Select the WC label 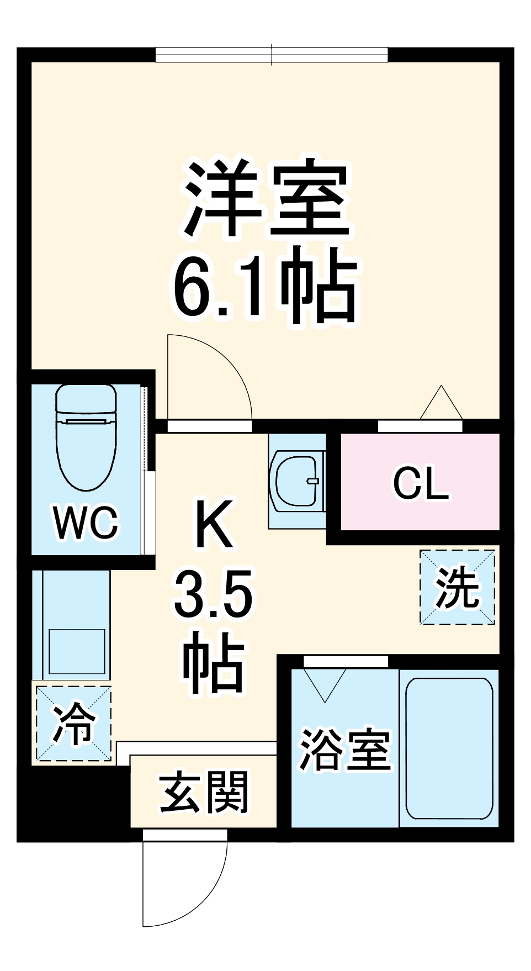86,522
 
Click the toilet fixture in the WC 87,436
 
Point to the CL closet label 421,483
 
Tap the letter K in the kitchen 213,524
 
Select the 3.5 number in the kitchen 213,594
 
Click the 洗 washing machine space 457,587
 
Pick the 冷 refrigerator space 74,723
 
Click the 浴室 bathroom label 345,750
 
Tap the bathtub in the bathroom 449,748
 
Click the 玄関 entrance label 204,793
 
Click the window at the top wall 272,55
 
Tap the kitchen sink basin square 77,651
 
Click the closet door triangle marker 441,403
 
